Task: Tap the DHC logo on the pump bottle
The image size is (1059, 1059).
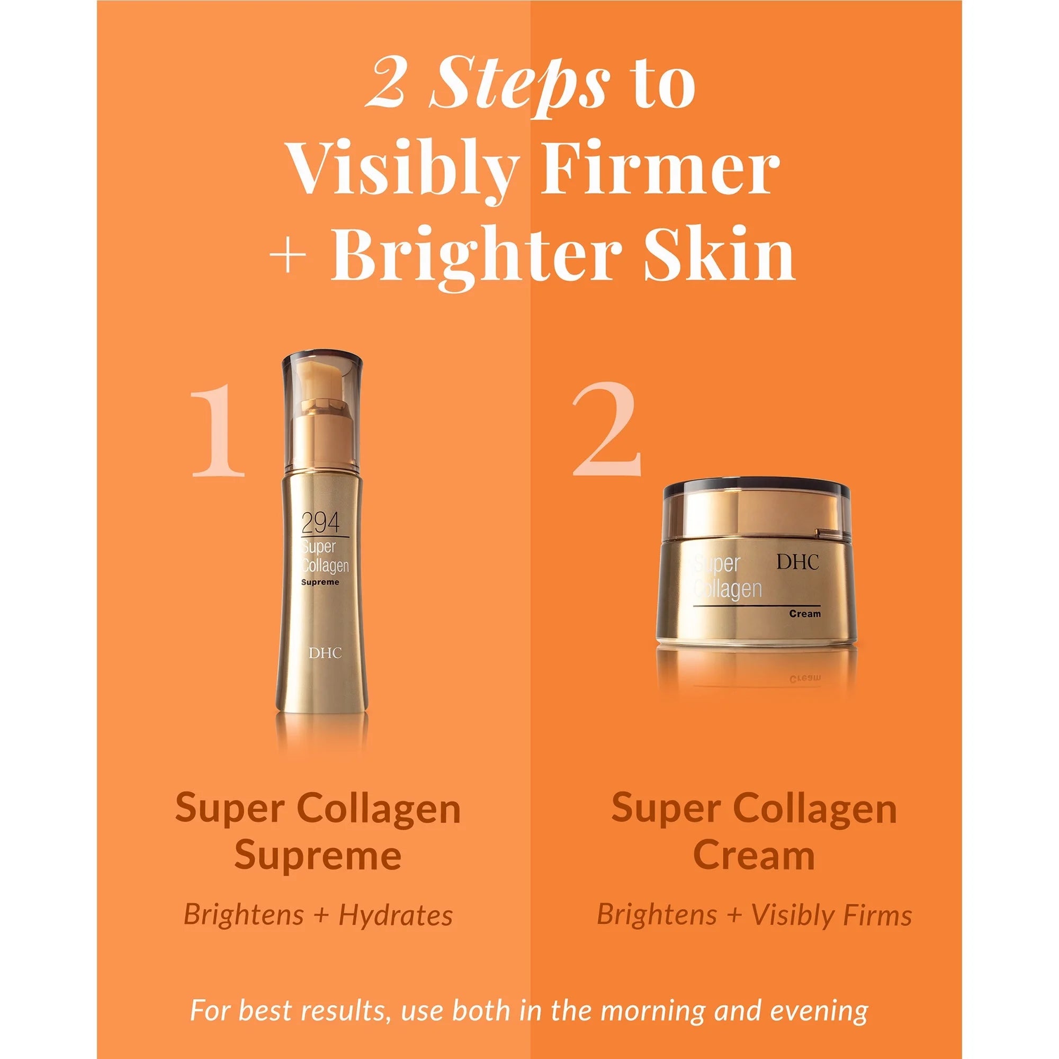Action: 325,653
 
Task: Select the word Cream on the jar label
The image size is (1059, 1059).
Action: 805,614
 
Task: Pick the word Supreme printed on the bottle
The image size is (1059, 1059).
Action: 321,582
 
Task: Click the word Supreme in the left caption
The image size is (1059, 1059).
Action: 318,857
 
